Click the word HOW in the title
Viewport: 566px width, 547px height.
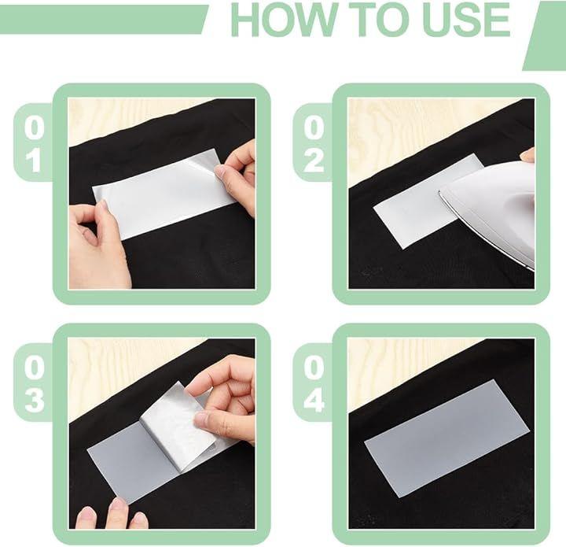pos(282,19)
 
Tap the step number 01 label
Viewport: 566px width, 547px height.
pos(35,144)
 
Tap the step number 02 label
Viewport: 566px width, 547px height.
pos(314,144)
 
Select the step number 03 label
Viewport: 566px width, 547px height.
pos(35,384)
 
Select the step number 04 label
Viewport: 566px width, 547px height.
pos(314,384)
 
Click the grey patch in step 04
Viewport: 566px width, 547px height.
pos(447,439)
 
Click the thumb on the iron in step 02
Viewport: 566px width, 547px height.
pos(527,154)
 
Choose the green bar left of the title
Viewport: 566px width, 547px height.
pos(104,20)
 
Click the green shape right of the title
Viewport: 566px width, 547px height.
pos(545,35)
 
